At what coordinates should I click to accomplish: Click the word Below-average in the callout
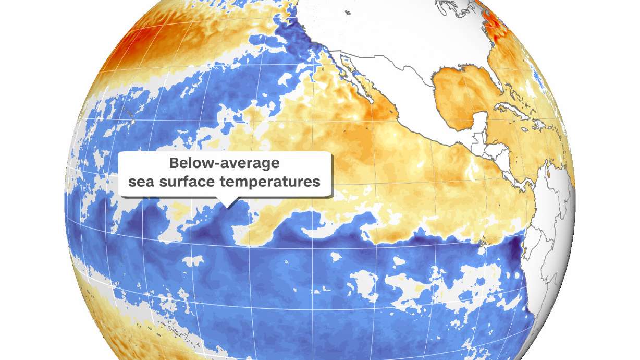point(224,163)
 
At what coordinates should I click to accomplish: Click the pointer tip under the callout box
point(227,205)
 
